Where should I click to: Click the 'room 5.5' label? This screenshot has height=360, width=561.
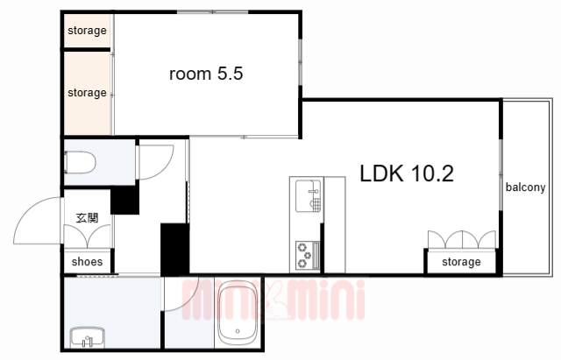click(x=206, y=74)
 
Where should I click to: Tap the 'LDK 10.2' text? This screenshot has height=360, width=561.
click(x=407, y=173)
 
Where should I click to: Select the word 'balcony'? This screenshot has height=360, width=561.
click(x=525, y=187)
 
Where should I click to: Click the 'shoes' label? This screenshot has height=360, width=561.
click(x=87, y=262)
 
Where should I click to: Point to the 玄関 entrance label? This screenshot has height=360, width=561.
click(x=88, y=218)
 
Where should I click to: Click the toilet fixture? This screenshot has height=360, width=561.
click(x=80, y=163)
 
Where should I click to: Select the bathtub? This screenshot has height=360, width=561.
click(x=238, y=313)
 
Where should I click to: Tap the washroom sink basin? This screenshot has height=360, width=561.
click(x=88, y=337)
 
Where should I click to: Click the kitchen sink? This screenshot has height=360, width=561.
click(x=308, y=196)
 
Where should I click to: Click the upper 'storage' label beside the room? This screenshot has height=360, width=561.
click(x=87, y=31)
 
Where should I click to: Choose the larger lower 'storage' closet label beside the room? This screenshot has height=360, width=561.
click(x=87, y=93)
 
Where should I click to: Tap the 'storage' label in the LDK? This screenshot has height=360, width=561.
click(x=461, y=262)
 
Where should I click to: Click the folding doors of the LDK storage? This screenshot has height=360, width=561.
click(x=462, y=239)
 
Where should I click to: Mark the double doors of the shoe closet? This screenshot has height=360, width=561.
click(x=88, y=236)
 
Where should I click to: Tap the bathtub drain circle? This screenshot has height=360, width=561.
click(x=238, y=331)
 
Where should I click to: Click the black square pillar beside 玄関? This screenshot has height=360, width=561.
click(x=124, y=201)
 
